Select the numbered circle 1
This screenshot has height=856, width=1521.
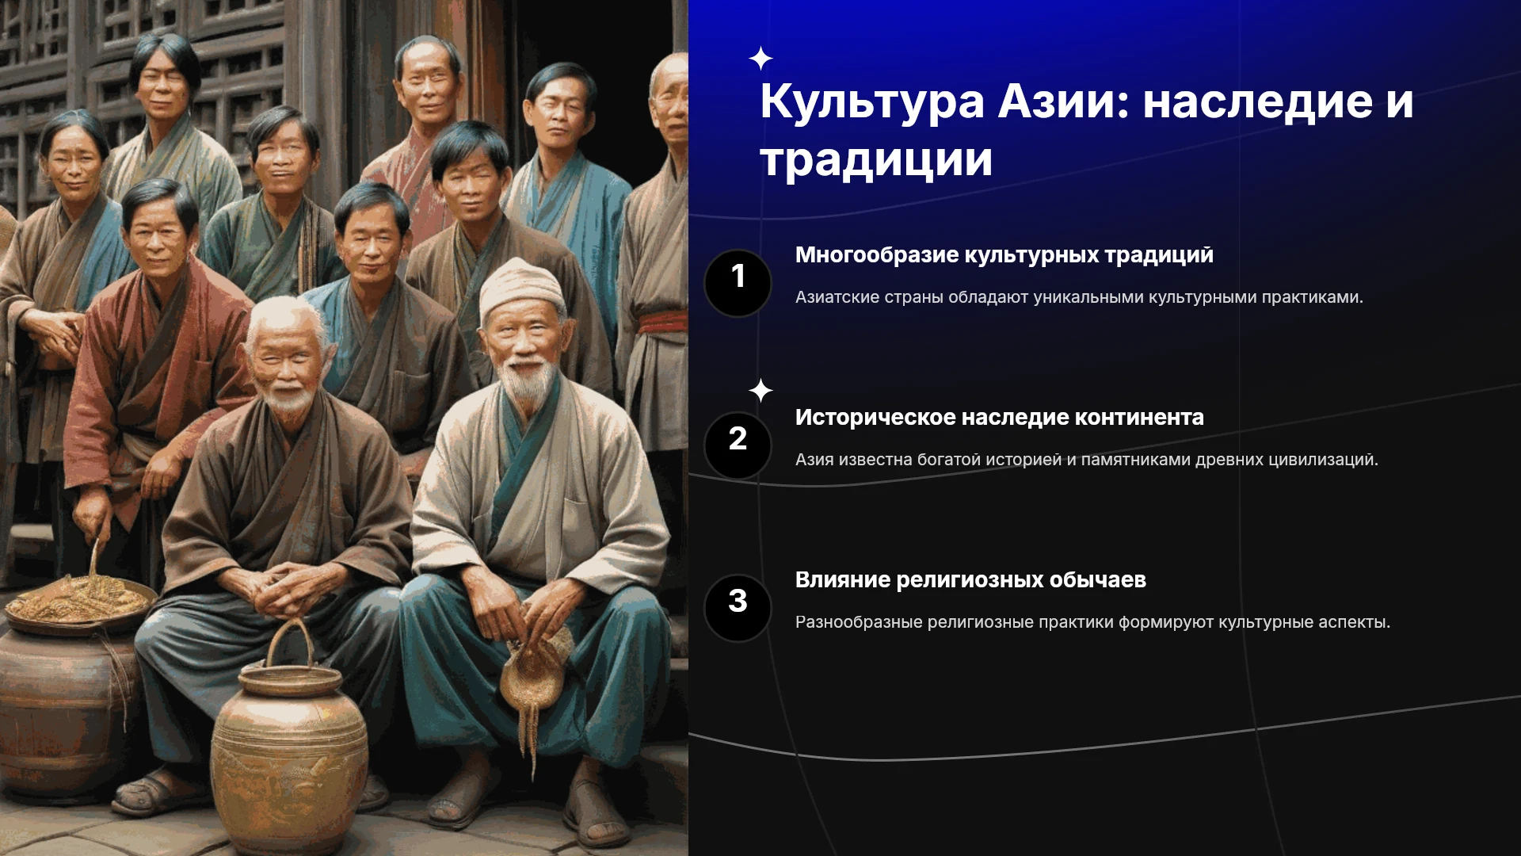[x=738, y=283]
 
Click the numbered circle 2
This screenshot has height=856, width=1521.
[x=738, y=445]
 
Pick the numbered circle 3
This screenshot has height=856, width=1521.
[x=738, y=608]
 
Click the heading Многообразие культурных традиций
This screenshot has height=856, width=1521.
[x=1004, y=255]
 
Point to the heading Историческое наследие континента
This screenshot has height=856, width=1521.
[x=999, y=418]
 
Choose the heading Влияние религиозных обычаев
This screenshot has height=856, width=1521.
[x=970, y=580]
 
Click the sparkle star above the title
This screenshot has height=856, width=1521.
[x=760, y=59]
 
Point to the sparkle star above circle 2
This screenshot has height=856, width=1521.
[x=760, y=391]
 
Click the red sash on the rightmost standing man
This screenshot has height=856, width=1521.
[x=662, y=323]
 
